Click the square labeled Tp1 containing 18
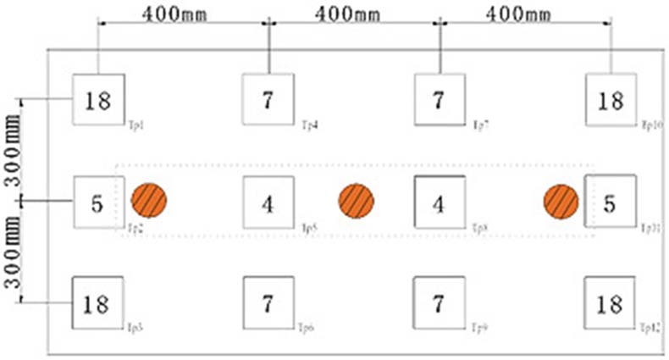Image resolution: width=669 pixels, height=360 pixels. click(x=97, y=100)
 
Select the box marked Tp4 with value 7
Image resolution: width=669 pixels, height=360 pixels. click(x=268, y=100)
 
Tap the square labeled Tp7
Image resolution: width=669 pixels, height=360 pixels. click(x=440, y=100)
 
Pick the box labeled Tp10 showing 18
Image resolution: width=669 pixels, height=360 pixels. click(x=611, y=100)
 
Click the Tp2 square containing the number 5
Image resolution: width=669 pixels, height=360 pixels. click(x=97, y=202)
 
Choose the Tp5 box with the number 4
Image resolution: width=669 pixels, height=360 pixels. click(x=268, y=202)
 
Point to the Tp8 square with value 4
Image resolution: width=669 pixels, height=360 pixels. click(x=440, y=202)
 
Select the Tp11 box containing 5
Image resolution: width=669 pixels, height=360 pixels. click(x=611, y=202)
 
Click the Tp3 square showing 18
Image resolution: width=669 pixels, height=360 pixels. click(x=97, y=303)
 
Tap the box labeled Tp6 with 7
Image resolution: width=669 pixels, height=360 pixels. click(x=268, y=303)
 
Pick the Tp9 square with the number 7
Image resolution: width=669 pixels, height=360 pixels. click(x=440, y=303)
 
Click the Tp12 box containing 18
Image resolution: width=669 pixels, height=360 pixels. click(x=611, y=303)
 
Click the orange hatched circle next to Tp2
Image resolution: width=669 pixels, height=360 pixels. click(x=149, y=201)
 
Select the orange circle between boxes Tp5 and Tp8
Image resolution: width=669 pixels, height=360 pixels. click(x=357, y=201)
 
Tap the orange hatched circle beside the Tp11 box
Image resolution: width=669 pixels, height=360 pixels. click(x=561, y=201)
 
